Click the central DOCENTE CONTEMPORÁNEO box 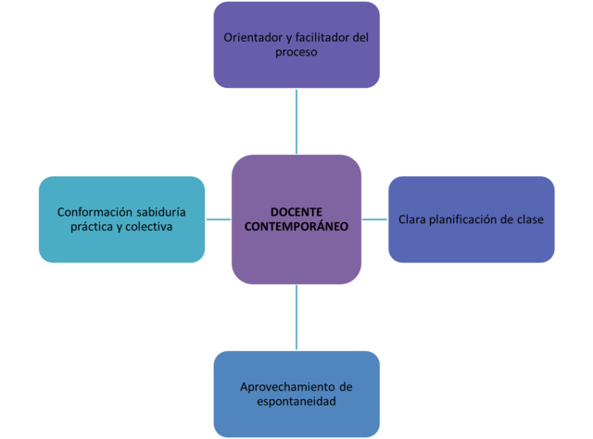coord(296,250)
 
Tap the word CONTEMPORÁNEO coord(296,226)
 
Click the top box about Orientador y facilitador coord(296,44)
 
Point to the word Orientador coord(252,37)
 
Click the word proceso coord(296,53)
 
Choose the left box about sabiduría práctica coord(120,219)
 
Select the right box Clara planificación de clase coord(471,219)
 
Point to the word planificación coord(469,219)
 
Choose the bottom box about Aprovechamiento coord(296,393)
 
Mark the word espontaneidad coord(296,402)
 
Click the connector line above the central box coord(296,120)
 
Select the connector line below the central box coord(296,316)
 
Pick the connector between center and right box coord(374,219)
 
